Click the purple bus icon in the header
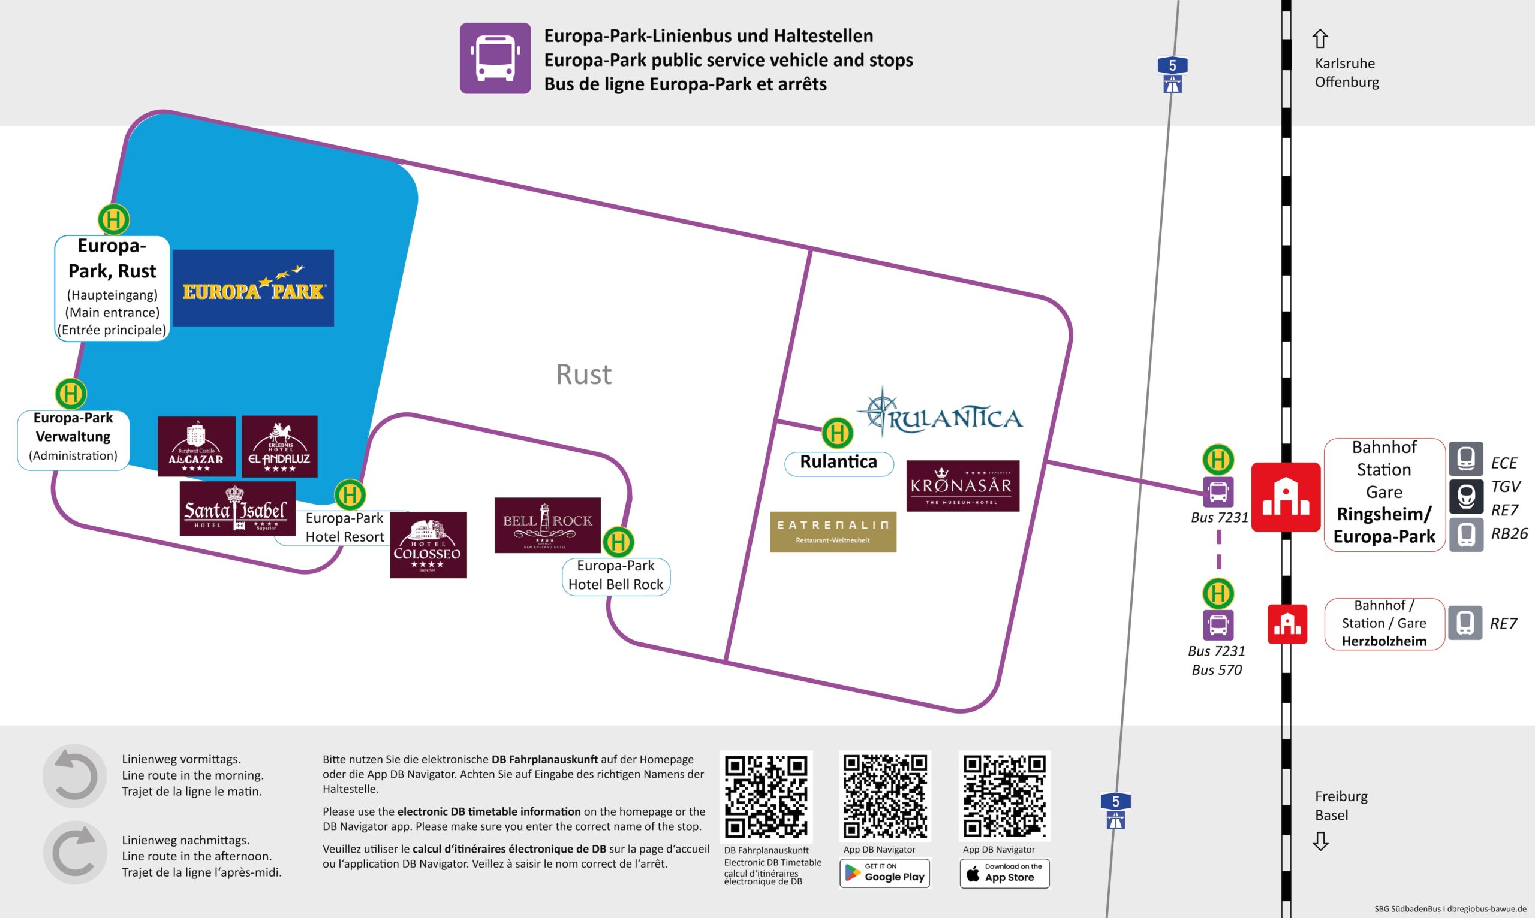[x=495, y=58]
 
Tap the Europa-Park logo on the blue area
[x=253, y=288]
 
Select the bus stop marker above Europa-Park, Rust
[x=114, y=219]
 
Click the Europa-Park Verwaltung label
[x=73, y=437]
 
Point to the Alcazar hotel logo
[x=196, y=446]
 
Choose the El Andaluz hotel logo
[x=279, y=446]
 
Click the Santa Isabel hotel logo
[x=237, y=509]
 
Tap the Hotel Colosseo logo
[x=428, y=545]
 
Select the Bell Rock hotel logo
[x=547, y=524]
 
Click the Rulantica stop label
[x=839, y=463]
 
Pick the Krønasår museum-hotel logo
[x=962, y=485]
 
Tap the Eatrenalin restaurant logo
[x=832, y=532]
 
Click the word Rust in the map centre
[x=583, y=375]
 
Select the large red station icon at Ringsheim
[x=1286, y=497]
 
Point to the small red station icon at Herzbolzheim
[x=1287, y=624]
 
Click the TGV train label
[x=1505, y=487]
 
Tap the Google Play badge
[x=884, y=873]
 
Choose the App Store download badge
[x=1004, y=873]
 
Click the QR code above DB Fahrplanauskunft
[x=766, y=796]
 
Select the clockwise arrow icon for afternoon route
[x=74, y=852]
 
